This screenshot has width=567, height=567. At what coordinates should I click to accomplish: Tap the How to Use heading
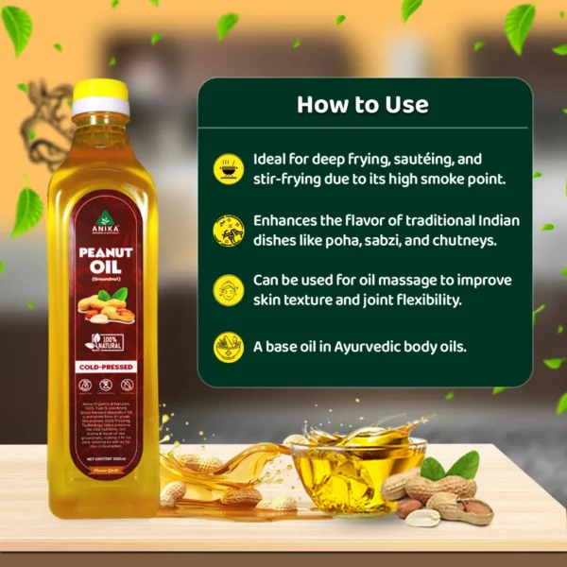[x=362, y=104]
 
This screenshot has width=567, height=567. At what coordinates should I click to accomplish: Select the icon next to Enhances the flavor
[x=228, y=228]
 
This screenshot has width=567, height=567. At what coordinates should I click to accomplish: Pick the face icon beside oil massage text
[x=228, y=289]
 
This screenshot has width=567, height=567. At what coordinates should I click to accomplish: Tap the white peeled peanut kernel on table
[x=422, y=517]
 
